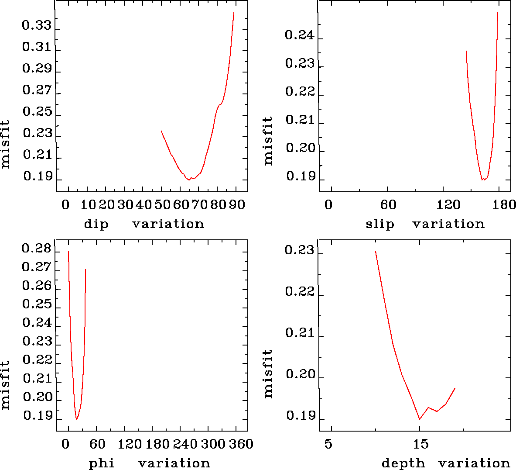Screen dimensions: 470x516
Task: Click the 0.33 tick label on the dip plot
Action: pos(37,26)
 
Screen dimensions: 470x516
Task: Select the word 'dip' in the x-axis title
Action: pos(96,224)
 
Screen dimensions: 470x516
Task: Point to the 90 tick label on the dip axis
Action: pos(237,205)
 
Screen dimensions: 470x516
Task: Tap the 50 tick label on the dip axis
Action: pos(162,205)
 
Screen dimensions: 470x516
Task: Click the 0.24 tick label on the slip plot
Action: pos(299,35)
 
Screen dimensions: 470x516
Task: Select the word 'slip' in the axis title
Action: pos(379,224)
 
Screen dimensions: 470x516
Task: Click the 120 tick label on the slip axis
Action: pos(449,205)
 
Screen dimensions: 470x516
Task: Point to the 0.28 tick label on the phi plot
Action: pos(37,249)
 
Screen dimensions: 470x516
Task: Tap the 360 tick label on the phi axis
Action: pos(241,444)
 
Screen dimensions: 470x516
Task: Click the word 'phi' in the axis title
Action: pos(102,463)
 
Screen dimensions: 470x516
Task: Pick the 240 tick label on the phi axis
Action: pos(185,444)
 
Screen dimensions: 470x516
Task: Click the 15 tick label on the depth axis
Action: pos(420,444)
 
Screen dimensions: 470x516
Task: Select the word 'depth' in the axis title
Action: pos(403,463)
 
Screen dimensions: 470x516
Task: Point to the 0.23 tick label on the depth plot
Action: pos(299,251)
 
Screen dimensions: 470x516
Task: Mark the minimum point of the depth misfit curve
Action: pos(420,419)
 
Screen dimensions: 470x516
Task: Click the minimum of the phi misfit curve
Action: pos(76,419)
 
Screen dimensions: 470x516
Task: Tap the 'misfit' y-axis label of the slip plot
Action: pos(268,141)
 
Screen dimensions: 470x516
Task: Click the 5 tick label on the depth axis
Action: pos(328,444)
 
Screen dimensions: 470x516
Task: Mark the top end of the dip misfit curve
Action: pos(234,12)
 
